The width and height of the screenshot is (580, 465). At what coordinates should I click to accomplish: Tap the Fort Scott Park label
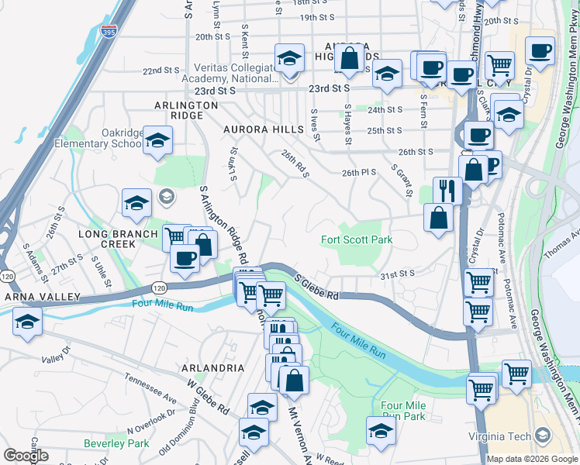pyautogui.click(x=357, y=240)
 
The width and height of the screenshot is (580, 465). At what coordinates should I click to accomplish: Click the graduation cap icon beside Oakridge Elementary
pyautogui.click(x=157, y=140)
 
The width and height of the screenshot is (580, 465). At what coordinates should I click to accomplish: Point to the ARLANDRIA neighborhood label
pyautogui.click(x=212, y=368)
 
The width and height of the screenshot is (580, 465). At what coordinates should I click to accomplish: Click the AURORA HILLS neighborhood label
pyautogui.click(x=260, y=129)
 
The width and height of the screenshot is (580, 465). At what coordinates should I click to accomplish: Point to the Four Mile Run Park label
pyautogui.click(x=403, y=411)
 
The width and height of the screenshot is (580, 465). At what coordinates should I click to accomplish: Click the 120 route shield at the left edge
pyautogui.click(x=7, y=276)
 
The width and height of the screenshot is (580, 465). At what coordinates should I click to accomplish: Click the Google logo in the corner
pyautogui.click(x=25, y=456)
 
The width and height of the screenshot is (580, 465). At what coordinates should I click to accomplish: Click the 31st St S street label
pyautogui.click(x=397, y=274)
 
